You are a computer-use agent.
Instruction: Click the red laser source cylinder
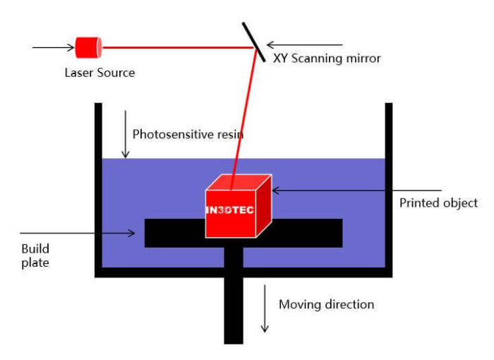tap(89, 47)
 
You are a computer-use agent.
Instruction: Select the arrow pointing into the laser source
tap(54, 48)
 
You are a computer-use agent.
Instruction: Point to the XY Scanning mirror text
tap(327, 59)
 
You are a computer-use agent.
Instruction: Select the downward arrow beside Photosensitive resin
tap(125, 134)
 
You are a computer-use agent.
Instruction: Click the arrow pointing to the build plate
tap(78, 232)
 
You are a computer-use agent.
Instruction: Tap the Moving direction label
tap(326, 305)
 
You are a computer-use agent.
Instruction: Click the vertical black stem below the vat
tap(233, 311)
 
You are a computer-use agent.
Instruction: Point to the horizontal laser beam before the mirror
tap(176, 48)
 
